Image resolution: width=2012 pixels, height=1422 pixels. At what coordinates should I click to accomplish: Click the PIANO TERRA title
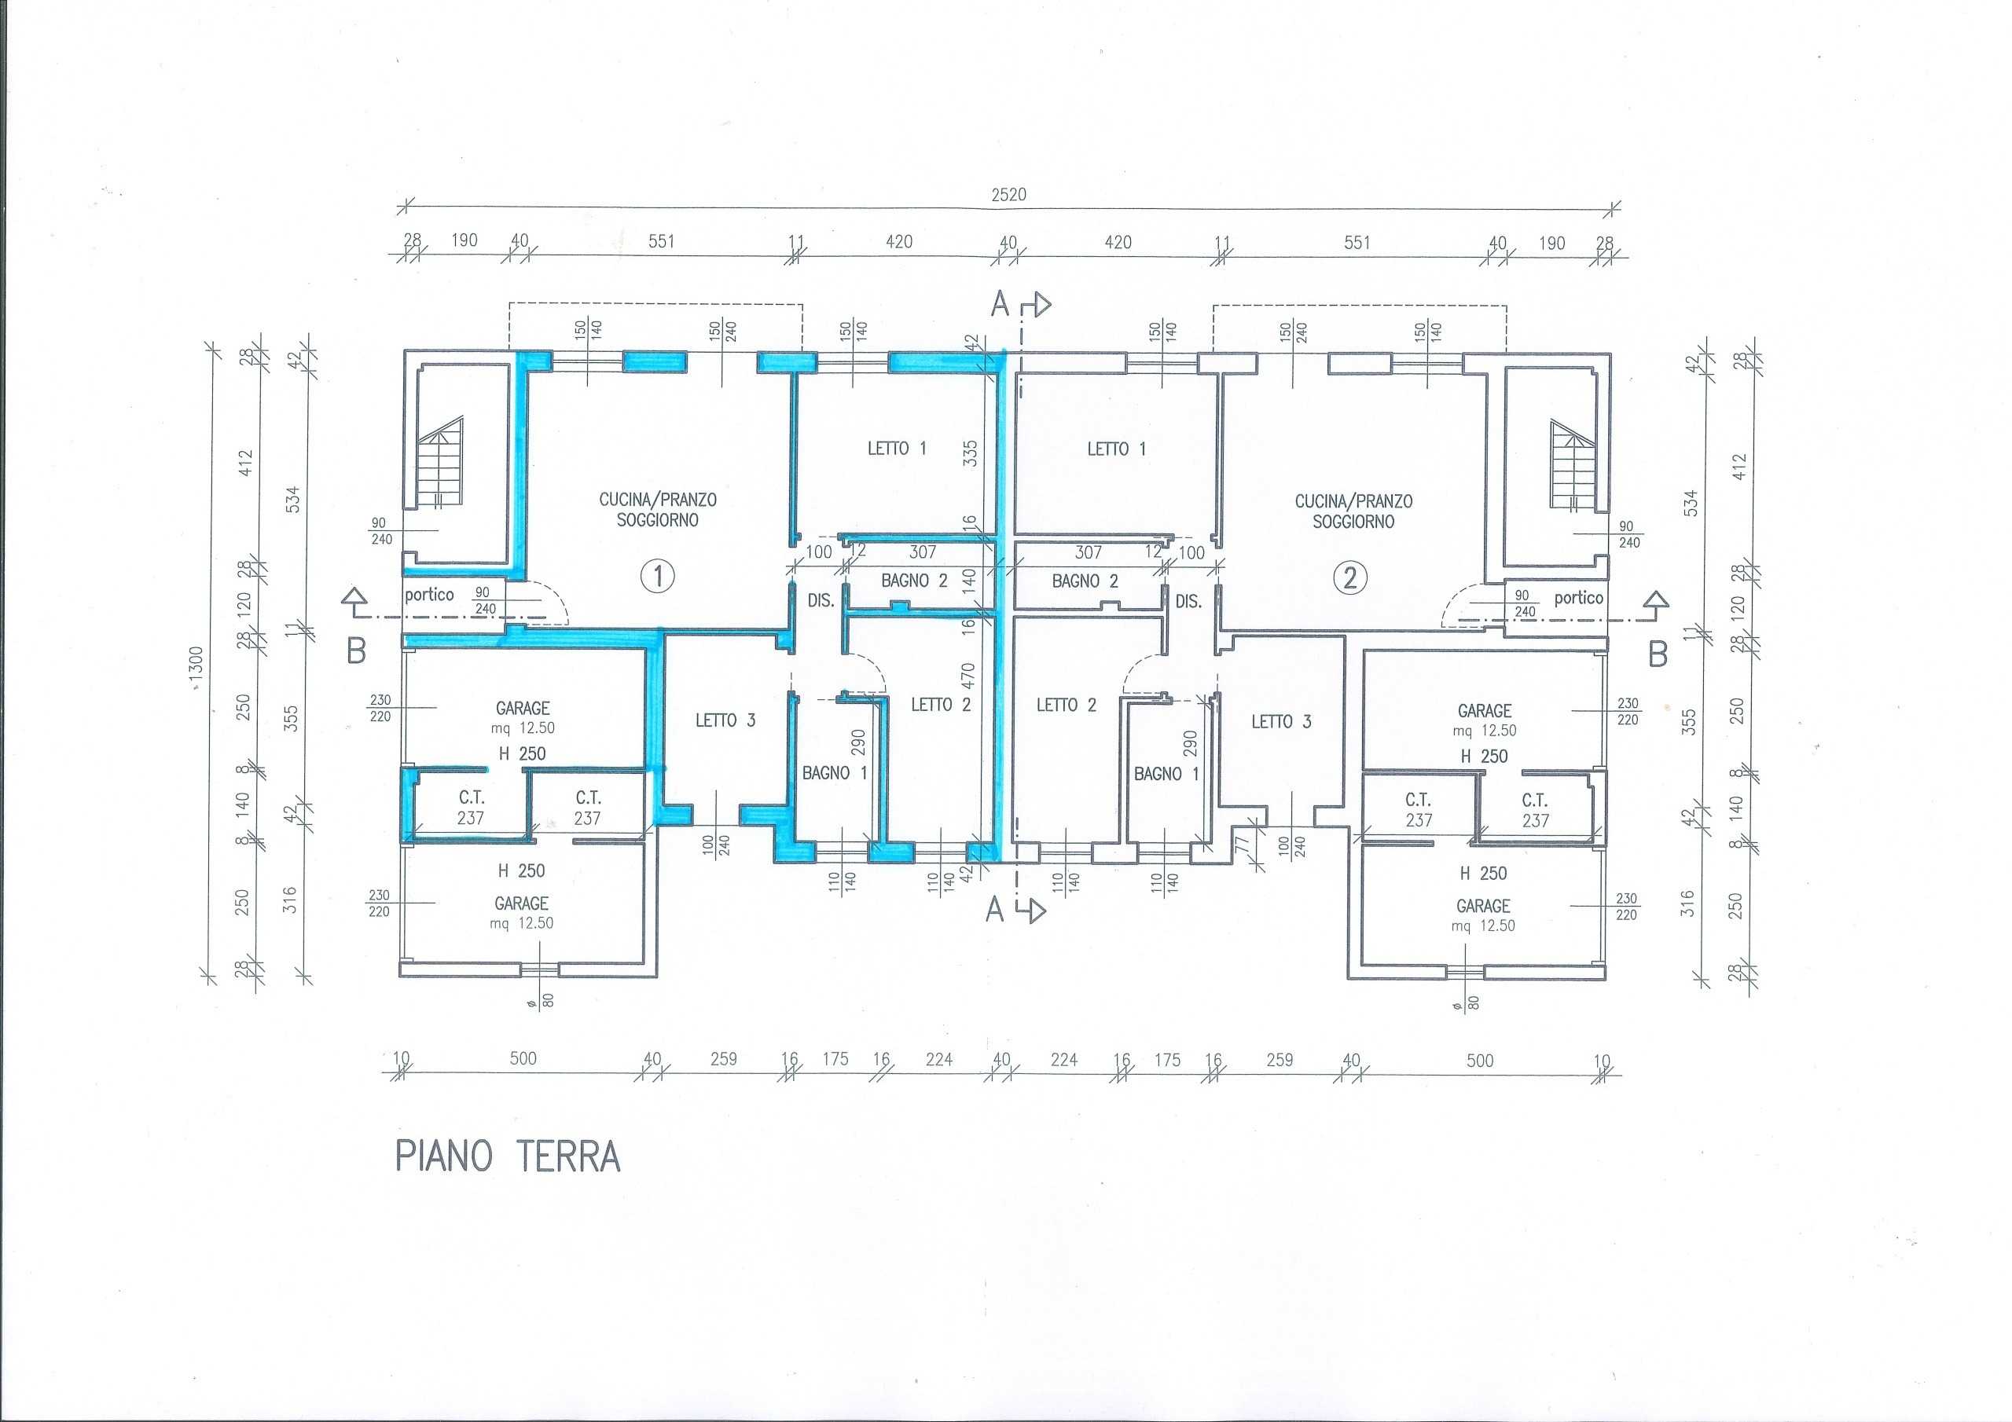509,1156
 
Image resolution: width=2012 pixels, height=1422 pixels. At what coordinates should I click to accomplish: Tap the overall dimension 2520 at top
1008,195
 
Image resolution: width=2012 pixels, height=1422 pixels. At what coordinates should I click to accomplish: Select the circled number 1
657,577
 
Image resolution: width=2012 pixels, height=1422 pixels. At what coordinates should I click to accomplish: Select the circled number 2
1350,578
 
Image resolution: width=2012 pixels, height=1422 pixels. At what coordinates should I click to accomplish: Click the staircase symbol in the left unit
439,462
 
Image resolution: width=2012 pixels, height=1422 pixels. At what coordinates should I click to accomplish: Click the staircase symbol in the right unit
1574,465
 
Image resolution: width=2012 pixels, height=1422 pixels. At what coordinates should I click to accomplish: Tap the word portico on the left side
429,595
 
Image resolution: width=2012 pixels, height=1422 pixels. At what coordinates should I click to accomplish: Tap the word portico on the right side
1578,599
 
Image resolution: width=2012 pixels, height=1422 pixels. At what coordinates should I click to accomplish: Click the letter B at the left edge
356,652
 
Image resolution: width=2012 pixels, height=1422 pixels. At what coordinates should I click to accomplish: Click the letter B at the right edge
1658,654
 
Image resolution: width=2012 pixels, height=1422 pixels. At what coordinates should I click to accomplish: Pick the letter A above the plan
1000,304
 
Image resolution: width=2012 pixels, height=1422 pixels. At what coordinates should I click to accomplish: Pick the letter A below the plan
995,911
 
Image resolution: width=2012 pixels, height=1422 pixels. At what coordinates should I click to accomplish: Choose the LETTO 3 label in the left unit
725,720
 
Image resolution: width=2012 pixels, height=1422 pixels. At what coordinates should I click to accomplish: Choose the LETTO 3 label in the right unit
1281,722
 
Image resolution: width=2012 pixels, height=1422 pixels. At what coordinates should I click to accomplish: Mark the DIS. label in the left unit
821,601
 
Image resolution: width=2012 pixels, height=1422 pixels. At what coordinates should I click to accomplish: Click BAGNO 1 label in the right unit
1166,774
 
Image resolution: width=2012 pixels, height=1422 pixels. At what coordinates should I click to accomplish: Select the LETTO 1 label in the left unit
897,449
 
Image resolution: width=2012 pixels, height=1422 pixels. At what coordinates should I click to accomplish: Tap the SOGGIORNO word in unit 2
1354,522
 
